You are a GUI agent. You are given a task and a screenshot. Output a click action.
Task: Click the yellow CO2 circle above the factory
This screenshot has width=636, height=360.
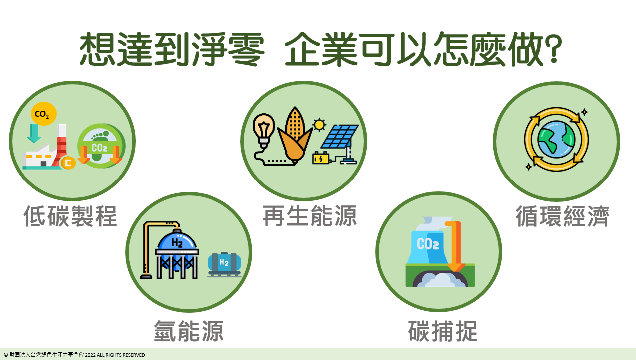[x=44, y=114]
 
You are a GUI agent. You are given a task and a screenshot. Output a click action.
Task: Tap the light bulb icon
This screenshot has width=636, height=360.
[x=264, y=131]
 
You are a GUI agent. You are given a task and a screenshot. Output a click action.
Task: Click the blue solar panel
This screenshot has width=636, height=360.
[x=340, y=136]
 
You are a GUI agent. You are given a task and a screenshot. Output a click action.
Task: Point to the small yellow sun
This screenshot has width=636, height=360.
[x=319, y=125]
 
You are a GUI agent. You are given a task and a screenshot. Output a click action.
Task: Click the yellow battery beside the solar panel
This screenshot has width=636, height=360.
[x=321, y=158]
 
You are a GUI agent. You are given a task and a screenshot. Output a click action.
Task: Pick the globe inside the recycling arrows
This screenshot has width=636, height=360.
[x=556, y=139]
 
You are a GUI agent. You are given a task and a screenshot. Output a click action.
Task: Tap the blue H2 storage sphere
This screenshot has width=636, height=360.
[x=177, y=250]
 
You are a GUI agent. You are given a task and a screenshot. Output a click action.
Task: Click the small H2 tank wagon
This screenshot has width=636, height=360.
[x=224, y=264]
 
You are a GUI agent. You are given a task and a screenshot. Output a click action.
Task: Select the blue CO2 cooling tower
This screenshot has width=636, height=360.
[x=427, y=247]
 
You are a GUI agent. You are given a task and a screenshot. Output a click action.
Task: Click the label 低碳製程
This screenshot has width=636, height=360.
[x=70, y=216]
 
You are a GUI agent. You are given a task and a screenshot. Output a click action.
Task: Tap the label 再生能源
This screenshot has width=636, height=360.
[x=310, y=216]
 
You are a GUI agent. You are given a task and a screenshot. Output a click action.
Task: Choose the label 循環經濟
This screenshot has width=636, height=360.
[x=563, y=216]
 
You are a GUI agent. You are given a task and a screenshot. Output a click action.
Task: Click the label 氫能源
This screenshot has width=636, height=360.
[x=189, y=331]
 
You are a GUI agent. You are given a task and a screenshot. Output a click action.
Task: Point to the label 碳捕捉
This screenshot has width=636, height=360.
[x=442, y=331]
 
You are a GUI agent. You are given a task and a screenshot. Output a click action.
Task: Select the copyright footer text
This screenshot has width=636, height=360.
[x=74, y=355]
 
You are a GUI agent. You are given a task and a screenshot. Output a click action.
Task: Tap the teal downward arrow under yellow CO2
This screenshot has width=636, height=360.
[x=34, y=133]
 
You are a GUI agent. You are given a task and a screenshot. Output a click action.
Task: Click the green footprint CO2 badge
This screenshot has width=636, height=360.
[x=101, y=146]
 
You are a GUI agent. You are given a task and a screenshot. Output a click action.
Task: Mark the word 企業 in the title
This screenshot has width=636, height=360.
[x=321, y=49]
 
